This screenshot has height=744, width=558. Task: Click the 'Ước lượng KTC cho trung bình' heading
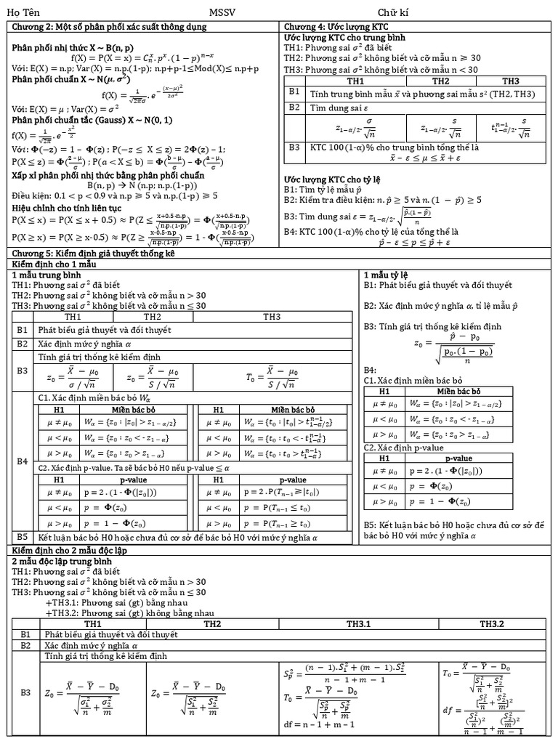(344, 37)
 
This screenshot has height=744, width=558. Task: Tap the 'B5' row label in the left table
(23, 537)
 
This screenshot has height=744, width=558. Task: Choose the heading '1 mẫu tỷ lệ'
(387, 275)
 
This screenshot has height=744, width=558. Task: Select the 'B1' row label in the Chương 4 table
(294, 92)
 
